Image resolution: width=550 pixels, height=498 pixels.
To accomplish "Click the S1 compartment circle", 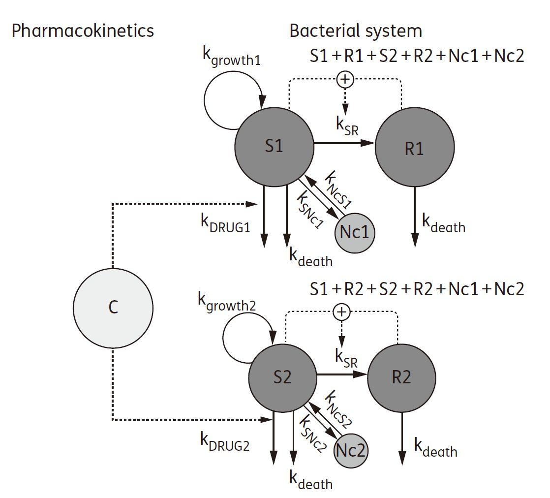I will pyautogui.click(x=275, y=147).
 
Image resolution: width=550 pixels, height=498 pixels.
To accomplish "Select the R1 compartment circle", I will pyautogui.click(x=415, y=147).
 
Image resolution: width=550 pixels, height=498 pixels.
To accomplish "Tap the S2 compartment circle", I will pyautogui.click(x=282, y=377).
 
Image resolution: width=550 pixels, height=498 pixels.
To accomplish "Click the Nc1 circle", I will pyautogui.click(x=354, y=232).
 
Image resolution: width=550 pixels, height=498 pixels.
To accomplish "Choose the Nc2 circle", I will pyautogui.click(x=351, y=450).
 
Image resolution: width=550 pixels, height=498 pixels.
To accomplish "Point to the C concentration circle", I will pyautogui.click(x=113, y=308).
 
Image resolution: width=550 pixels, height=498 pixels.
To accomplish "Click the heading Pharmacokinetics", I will pyautogui.click(x=83, y=31).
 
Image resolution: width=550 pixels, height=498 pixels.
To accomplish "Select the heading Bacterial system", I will pyautogui.click(x=355, y=31).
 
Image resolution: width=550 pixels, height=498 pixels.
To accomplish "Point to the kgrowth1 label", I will pyautogui.click(x=231, y=57).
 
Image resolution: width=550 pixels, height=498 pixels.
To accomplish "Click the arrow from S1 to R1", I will pyautogui.click(x=344, y=144).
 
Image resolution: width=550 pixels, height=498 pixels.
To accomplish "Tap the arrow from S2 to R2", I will pyautogui.click(x=342, y=374).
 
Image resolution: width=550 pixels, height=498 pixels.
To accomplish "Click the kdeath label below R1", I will pyautogui.click(x=443, y=224).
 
